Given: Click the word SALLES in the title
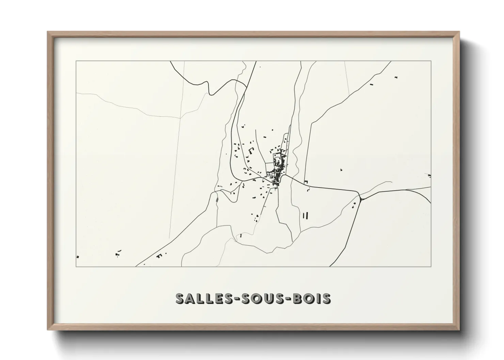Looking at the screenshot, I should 196,298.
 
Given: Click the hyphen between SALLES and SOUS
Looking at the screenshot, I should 223,299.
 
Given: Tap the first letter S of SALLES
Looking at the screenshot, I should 180,298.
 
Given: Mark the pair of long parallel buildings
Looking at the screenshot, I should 305,215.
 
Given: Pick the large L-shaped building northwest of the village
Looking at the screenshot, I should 251,150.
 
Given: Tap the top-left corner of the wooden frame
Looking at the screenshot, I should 48,32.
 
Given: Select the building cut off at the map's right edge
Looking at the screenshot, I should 429,176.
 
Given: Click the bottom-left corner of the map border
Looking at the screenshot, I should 76,266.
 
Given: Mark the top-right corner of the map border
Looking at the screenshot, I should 431,61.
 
